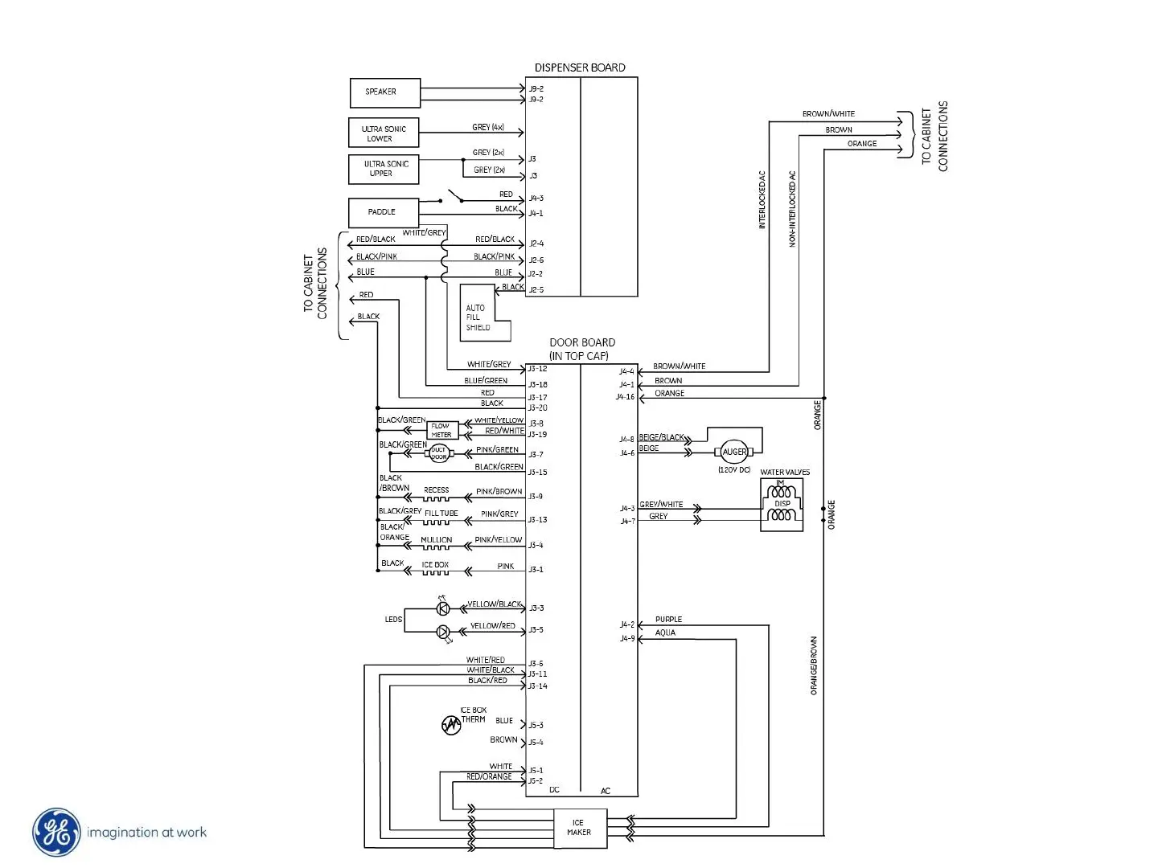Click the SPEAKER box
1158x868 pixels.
(x=384, y=92)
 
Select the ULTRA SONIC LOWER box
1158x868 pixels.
(x=384, y=133)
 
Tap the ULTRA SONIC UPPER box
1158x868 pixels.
(x=384, y=169)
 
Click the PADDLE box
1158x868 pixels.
(x=383, y=212)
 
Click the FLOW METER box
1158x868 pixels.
(x=441, y=431)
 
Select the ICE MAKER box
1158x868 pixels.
(x=579, y=828)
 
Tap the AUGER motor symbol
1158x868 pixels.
(x=734, y=452)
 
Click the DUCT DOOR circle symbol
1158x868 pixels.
(x=438, y=453)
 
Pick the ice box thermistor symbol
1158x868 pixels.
(x=451, y=725)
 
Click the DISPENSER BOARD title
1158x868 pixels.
(x=580, y=68)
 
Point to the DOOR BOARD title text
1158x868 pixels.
(x=581, y=342)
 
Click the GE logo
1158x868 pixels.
(x=56, y=832)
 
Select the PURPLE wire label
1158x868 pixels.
(x=668, y=620)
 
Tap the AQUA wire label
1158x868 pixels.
(x=665, y=633)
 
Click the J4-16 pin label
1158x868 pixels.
(x=625, y=397)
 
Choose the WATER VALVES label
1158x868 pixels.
(x=785, y=473)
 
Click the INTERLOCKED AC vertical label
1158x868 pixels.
(x=762, y=200)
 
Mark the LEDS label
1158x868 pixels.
(x=393, y=620)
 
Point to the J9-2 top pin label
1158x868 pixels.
(x=536, y=88)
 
